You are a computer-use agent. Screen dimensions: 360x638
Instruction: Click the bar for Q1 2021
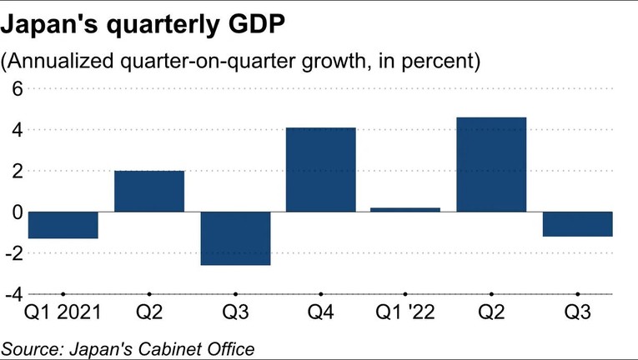coord(63,225)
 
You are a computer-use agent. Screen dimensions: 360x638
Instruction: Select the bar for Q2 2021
coord(149,191)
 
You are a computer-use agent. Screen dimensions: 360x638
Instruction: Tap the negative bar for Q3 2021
coord(235,238)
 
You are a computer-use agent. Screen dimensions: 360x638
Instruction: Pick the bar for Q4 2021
coord(321,170)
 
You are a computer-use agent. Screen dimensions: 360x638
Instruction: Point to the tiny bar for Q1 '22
coord(406,209)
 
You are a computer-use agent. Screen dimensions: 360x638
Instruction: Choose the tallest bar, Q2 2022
coord(492,165)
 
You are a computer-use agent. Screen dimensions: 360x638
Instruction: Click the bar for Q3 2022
coord(577,224)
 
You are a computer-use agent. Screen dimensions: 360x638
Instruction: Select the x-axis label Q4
coord(321,314)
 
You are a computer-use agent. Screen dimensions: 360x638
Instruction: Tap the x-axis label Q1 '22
coord(406,314)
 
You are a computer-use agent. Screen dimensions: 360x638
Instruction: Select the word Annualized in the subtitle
coord(54,61)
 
